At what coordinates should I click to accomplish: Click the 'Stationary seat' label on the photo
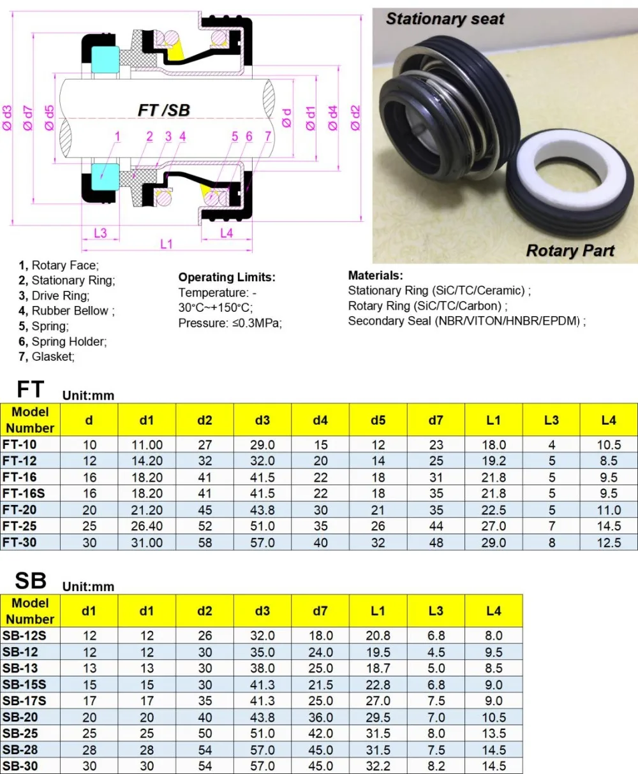click(445, 19)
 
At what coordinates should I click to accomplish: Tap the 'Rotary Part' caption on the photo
click(570, 251)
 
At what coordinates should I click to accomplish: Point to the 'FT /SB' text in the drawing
click(164, 110)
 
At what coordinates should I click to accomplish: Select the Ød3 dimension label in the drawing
click(8, 118)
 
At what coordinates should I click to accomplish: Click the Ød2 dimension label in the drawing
click(355, 118)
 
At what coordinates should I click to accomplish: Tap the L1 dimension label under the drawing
click(166, 244)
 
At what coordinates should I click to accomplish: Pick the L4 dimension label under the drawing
click(226, 233)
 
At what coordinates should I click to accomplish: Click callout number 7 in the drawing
click(268, 136)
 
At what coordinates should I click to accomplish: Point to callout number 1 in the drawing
click(117, 136)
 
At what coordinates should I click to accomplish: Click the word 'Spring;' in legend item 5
click(50, 326)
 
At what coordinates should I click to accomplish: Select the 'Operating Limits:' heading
click(226, 277)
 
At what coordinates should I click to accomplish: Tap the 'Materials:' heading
click(375, 276)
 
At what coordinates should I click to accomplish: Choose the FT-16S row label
click(24, 493)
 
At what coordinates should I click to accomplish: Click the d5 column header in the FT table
click(378, 420)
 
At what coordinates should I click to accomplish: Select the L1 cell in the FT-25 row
click(493, 526)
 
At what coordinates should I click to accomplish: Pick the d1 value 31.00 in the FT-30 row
click(147, 543)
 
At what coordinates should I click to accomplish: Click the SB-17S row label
click(24, 701)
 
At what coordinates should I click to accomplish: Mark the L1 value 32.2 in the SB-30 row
click(378, 766)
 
